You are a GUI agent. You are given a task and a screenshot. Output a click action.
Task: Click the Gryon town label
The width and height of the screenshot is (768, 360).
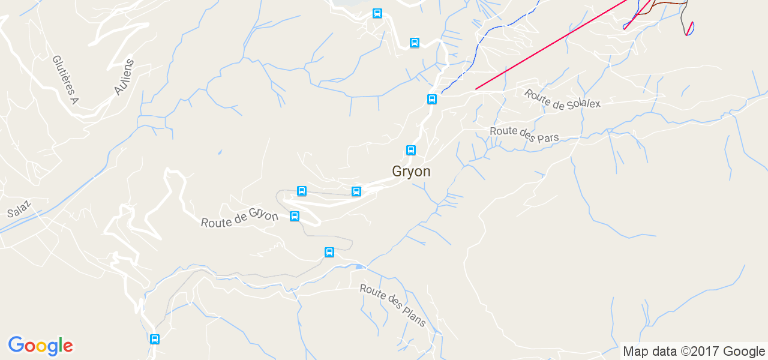[x=411, y=172]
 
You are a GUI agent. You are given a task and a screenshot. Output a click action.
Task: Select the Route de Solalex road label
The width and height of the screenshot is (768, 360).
[x=562, y=99]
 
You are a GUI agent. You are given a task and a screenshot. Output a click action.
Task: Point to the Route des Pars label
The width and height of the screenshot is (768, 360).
[x=524, y=134]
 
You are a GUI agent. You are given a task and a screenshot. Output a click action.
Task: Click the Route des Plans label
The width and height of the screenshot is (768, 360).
[x=393, y=305]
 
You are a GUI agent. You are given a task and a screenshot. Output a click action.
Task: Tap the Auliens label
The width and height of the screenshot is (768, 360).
[x=124, y=77]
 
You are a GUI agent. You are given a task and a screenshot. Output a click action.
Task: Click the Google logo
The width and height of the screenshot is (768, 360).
[x=41, y=346]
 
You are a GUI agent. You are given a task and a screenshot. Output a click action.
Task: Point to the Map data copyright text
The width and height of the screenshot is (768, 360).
[x=694, y=352]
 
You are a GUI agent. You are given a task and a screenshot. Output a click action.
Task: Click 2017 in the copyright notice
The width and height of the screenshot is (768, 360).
[x=702, y=352]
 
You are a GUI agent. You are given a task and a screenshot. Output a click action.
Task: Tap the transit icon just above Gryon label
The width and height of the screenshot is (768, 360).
[x=411, y=150]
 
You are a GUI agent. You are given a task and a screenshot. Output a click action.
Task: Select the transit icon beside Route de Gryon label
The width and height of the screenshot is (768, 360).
[x=295, y=216]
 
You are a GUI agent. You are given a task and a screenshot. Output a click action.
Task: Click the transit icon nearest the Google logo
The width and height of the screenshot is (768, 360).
[x=155, y=339]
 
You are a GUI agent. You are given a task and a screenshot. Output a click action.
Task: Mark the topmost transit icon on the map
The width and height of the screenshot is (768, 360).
[x=377, y=13]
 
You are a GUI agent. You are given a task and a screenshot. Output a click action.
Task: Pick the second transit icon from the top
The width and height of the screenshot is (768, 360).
[x=415, y=43]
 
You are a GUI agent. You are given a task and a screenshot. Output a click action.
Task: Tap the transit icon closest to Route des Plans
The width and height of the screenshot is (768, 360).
[x=329, y=252]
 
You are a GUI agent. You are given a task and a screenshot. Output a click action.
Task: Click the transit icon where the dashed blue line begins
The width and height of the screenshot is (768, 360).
[x=432, y=99]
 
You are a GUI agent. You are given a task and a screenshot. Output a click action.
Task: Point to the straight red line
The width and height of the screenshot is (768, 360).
[x=552, y=45]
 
